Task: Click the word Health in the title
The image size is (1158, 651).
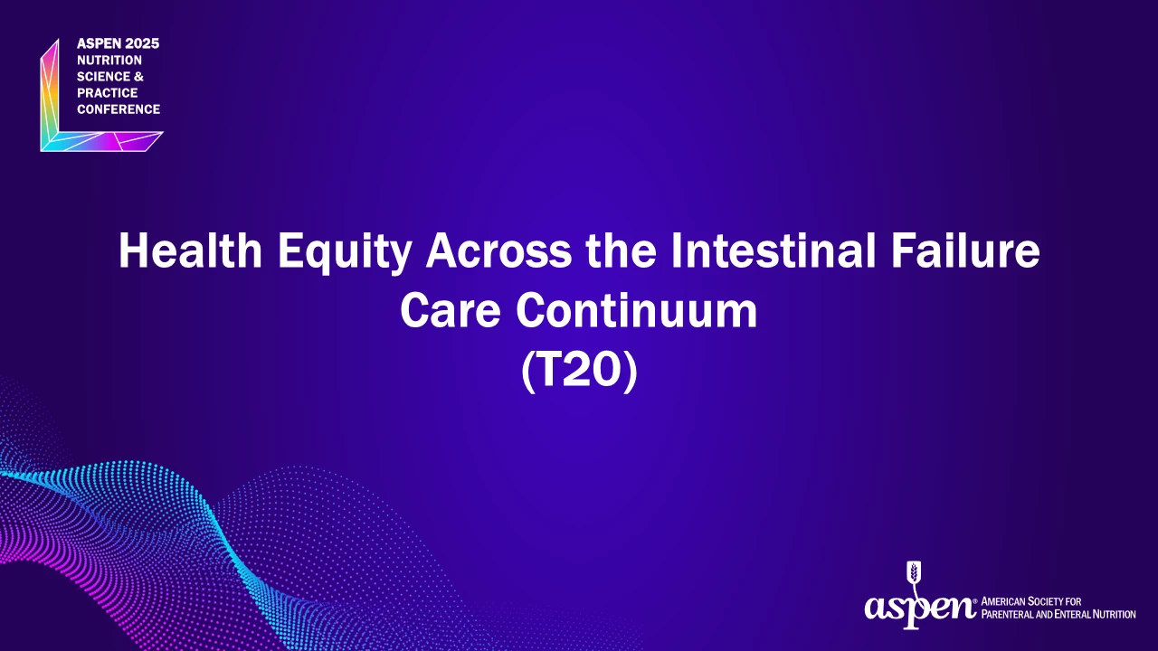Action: click(x=191, y=250)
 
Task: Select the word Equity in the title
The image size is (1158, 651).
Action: click(x=345, y=253)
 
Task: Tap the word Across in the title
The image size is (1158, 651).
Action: click(x=498, y=250)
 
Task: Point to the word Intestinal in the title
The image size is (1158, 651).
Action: click(x=773, y=250)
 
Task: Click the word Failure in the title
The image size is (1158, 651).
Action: click(x=965, y=250)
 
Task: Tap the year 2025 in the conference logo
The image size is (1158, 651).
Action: click(x=142, y=43)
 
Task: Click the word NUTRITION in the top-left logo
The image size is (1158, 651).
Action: click(x=109, y=60)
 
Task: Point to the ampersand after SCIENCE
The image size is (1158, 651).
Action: click(x=138, y=77)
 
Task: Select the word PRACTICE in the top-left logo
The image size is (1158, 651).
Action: click(x=107, y=93)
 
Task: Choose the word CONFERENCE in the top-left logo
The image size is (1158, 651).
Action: click(x=119, y=109)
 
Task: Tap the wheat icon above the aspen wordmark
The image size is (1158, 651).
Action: click(x=915, y=577)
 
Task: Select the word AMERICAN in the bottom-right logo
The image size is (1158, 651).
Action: click(x=1003, y=601)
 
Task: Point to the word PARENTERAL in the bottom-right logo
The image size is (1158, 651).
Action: click(x=1007, y=614)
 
